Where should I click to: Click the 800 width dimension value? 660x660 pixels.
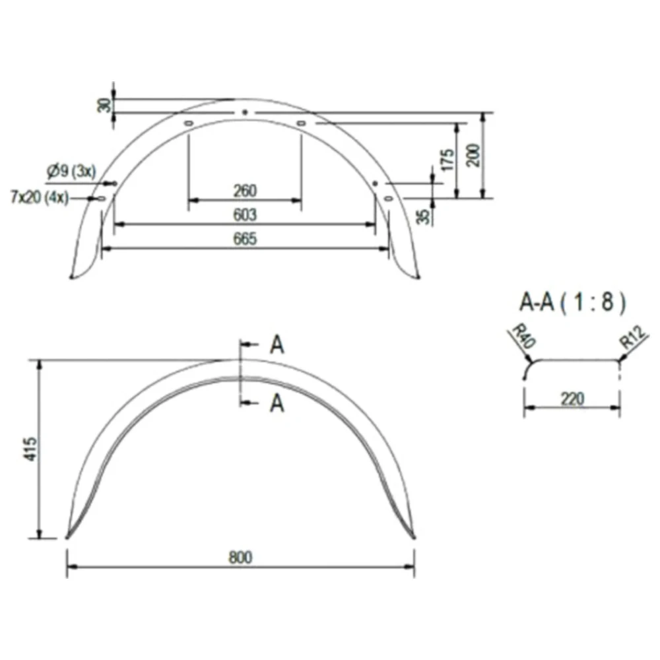click(240, 557)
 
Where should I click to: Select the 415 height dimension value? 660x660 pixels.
click(32, 449)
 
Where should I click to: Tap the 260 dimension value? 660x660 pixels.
click(245, 191)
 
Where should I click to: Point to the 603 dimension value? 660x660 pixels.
click(245, 214)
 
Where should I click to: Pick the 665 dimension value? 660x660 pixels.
click(245, 239)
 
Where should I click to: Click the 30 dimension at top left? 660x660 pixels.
click(104, 105)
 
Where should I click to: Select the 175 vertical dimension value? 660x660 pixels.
click(449, 160)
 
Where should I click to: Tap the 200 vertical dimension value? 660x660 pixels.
click(474, 155)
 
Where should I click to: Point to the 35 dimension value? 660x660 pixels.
click(426, 216)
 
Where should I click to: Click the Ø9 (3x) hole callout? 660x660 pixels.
click(71, 172)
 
